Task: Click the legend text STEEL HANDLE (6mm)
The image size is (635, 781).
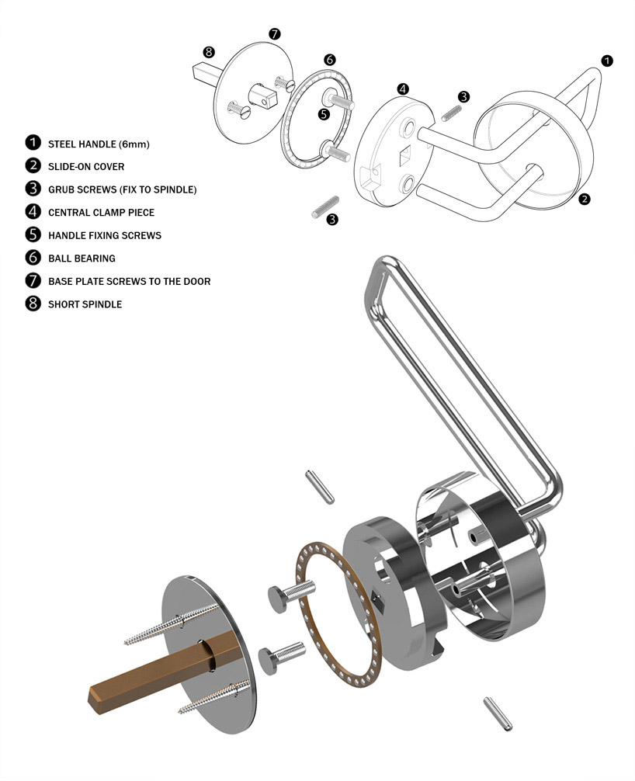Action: click(98, 144)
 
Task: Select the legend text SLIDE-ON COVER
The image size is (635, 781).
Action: click(85, 166)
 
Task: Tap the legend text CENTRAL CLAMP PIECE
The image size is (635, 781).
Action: click(101, 212)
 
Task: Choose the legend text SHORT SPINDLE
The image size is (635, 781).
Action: click(85, 304)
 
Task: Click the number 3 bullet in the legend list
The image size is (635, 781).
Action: click(33, 189)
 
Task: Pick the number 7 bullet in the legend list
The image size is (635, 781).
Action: click(33, 281)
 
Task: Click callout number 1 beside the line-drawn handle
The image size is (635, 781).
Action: click(607, 61)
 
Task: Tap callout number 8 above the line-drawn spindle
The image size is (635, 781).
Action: click(208, 52)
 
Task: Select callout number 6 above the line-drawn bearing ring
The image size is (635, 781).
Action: click(329, 60)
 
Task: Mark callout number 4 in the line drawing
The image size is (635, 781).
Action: click(403, 89)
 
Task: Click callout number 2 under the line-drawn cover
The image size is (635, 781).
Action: click(584, 199)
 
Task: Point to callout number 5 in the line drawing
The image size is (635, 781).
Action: click(323, 113)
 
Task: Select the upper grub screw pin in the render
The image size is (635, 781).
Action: click(316, 487)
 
